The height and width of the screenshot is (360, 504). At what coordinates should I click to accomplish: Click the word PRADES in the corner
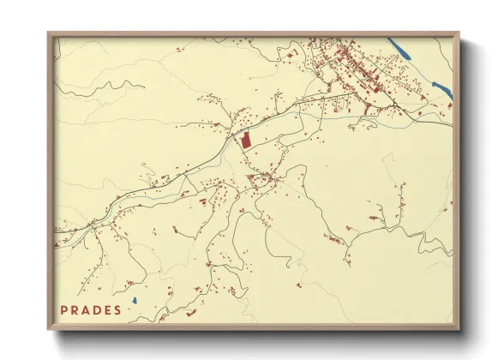point(91,310)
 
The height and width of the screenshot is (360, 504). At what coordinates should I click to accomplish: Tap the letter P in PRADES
point(64,310)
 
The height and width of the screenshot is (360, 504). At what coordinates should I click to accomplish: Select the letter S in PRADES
point(117,310)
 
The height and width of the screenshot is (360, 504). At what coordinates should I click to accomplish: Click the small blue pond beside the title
point(135,301)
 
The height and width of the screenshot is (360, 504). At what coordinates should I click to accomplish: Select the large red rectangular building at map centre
point(246,141)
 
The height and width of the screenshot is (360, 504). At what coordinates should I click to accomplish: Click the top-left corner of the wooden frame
point(49,34)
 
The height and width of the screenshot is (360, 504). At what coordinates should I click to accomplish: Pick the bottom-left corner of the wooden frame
point(49,328)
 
